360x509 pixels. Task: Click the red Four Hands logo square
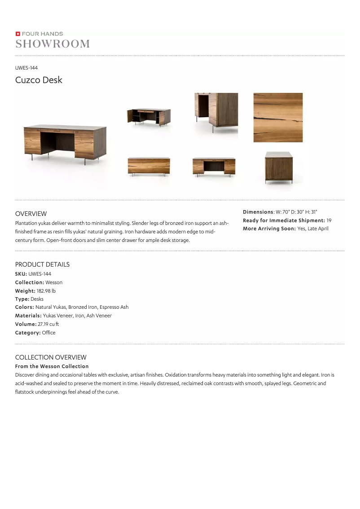(18, 34)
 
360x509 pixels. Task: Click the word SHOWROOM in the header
(53, 44)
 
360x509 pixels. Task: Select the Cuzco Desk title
(39, 80)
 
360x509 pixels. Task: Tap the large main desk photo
(65, 141)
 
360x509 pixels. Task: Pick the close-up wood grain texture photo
(278, 118)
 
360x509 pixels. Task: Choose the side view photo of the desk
(278, 167)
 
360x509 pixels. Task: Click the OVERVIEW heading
(31, 214)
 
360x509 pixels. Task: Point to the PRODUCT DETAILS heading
(42, 264)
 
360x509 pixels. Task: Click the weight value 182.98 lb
(46, 291)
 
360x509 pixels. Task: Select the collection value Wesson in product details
(54, 282)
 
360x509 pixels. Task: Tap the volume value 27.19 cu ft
(48, 324)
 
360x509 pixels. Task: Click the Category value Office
(48, 333)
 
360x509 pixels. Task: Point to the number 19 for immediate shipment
(329, 220)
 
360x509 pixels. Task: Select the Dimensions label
(258, 212)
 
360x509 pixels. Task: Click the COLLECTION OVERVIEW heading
(51, 357)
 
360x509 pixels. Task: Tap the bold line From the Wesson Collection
(52, 366)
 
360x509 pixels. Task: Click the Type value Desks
(37, 299)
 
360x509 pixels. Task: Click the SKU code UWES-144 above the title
(26, 68)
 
